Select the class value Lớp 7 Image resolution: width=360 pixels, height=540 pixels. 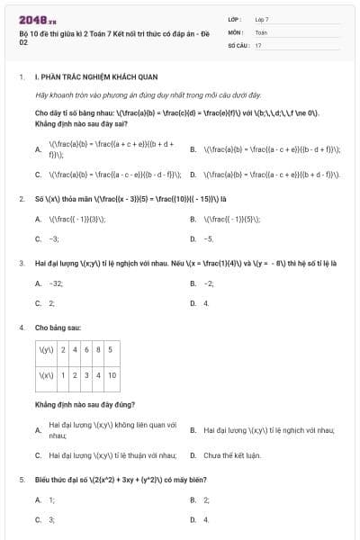coord(262,19)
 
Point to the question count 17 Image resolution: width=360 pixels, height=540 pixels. coord(258,44)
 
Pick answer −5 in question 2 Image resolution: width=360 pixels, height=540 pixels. coord(209,239)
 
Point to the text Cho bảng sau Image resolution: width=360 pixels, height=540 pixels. coord(56,328)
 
